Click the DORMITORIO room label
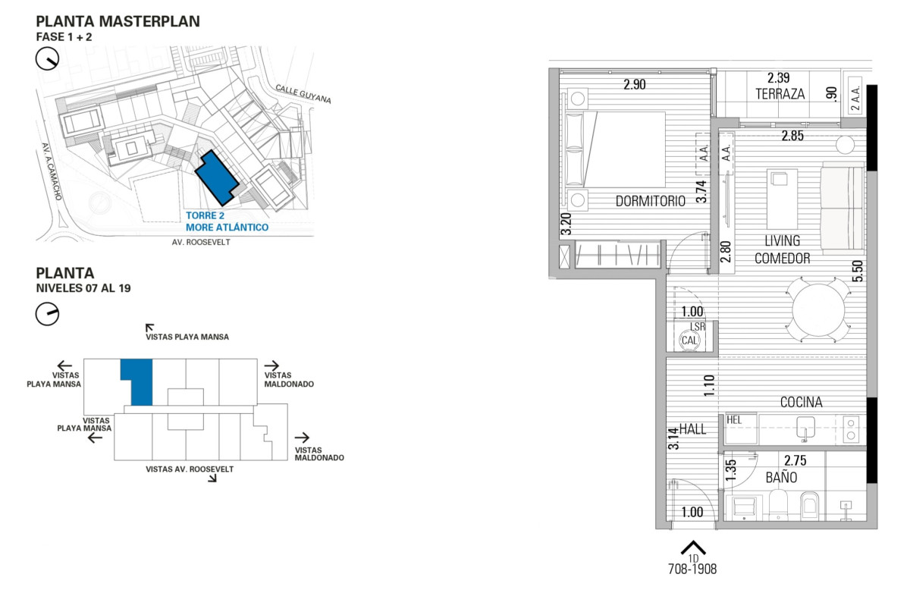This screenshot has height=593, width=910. (x=650, y=201)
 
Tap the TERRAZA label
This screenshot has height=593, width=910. (x=780, y=94)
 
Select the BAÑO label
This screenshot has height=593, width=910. (x=781, y=477)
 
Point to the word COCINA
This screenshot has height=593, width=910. (x=801, y=402)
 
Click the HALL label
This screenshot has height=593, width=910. (x=692, y=429)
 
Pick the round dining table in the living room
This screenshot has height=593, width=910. (x=818, y=310)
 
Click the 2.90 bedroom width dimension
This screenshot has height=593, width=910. (x=635, y=84)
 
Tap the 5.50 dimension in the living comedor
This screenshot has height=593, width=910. (x=857, y=271)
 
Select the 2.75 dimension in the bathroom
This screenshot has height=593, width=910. (x=795, y=460)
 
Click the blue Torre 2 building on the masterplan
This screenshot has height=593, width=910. (x=216, y=177)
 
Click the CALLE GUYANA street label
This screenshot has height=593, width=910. (x=303, y=94)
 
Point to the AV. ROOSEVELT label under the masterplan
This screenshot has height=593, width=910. (x=201, y=243)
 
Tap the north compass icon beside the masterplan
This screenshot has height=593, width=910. (x=47, y=59)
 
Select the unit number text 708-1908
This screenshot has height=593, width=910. (x=692, y=569)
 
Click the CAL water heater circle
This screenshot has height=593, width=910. (x=689, y=340)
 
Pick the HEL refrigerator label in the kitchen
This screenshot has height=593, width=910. (x=734, y=420)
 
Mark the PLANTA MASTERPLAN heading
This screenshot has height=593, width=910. (x=118, y=21)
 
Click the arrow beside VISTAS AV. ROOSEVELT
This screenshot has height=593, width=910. (x=212, y=478)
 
